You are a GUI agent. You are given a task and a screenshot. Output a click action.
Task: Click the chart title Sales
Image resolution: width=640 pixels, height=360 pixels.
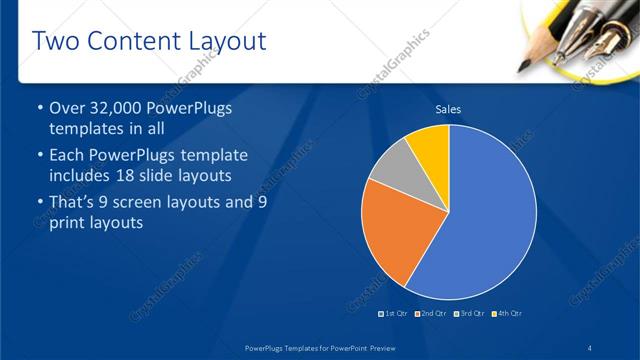tap(449, 110)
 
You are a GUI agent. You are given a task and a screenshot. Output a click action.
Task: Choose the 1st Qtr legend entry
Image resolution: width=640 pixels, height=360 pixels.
tap(394, 314)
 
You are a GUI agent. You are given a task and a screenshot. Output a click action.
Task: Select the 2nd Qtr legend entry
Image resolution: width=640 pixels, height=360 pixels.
tap(431, 314)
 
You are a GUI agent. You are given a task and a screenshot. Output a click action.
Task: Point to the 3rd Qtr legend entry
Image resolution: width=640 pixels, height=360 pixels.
tap(468, 314)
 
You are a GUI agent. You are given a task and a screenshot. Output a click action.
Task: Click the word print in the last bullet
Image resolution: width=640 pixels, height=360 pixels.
tap(69, 223)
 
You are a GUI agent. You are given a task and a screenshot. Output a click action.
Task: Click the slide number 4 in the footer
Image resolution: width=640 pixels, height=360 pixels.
tap(591, 347)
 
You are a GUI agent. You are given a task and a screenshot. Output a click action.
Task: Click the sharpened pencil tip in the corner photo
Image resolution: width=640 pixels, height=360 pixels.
tap(523, 67)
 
